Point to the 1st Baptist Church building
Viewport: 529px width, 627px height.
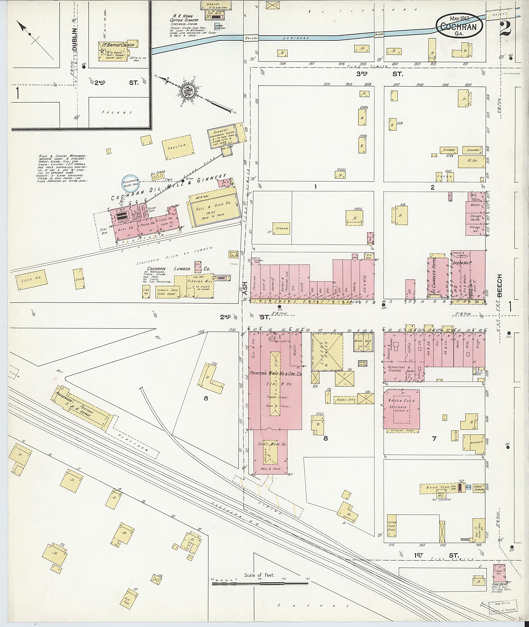[x=118, y=51]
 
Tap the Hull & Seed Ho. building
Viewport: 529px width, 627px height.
[x=214, y=210]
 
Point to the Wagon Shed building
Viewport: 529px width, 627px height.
[x=401, y=409]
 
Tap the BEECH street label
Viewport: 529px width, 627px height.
[x=499, y=286]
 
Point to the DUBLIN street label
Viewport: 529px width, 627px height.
[x=75, y=39]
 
